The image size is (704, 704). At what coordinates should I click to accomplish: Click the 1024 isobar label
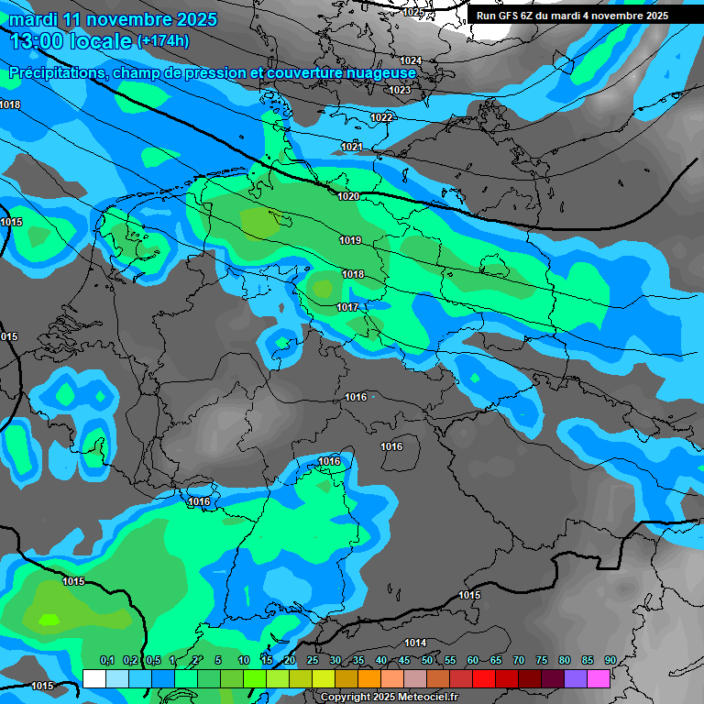click(x=411, y=60)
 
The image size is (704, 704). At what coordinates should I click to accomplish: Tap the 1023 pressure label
click(x=400, y=90)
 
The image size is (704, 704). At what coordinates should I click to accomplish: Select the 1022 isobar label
click(x=381, y=117)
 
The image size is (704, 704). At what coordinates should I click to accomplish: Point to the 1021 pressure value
click(x=352, y=147)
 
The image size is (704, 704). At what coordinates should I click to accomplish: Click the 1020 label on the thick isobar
click(x=348, y=196)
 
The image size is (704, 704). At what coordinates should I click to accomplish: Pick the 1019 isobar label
click(x=350, y=240)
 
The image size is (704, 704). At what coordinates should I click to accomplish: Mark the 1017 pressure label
click(x=347, y=307)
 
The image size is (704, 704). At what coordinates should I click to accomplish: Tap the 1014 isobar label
click(x=415, y=643)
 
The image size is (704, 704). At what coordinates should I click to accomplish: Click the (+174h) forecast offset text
click(x=162, y=41)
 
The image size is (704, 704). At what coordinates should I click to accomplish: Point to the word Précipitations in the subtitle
click(x=57, y=72)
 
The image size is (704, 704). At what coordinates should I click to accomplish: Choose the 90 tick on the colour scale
click(x=610, y=660)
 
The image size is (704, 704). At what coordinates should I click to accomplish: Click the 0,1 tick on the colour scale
click(x=106, y=660)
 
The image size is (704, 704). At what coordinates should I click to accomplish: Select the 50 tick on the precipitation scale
click(x=427, y=660)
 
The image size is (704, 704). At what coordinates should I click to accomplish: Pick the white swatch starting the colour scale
click(x=93, y=678)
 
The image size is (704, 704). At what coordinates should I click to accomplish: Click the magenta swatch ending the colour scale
click(x=599, y=678)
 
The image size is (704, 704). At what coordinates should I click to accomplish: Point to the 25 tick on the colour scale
click(x=313, y=660)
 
